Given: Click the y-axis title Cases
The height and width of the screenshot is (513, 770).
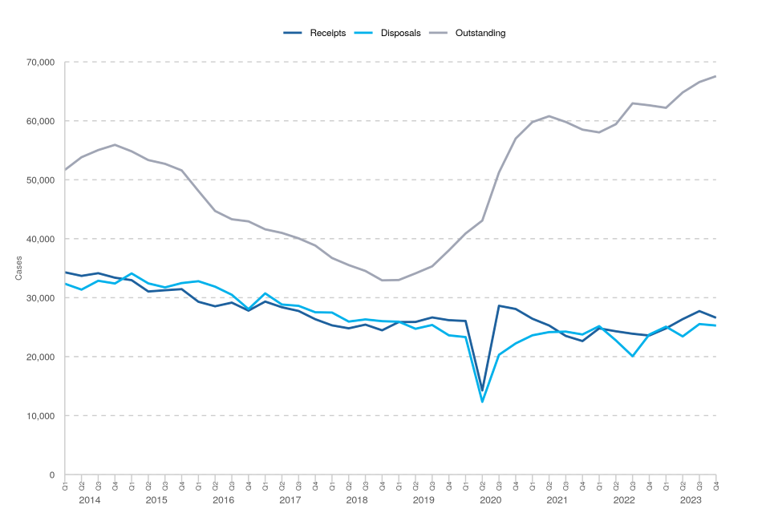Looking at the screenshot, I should [x=19, y=268].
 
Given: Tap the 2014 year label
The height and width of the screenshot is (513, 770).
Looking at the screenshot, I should [x=90, y=500].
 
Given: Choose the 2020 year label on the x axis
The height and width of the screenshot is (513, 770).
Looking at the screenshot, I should [x=490, y=500].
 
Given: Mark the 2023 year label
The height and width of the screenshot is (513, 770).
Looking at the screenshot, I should [x=691, y=500].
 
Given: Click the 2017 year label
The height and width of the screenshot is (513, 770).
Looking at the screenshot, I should [x=290, y=500].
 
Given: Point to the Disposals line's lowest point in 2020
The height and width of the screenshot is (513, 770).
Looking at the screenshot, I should [x=482, y=402].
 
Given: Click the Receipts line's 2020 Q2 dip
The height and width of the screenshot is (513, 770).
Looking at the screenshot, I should [x=482, y=390].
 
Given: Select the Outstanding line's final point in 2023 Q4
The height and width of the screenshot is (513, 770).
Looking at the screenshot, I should [x=715, y=76].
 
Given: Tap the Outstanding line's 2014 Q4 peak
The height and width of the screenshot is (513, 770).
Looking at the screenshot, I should [x=115, y=145].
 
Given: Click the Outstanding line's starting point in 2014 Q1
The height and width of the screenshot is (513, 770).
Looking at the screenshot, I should [x=65, y=169].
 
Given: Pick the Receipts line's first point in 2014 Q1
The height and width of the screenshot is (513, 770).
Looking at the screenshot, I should [x=65, y=273].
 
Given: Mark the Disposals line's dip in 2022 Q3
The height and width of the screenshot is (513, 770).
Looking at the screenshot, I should [x=633, y=356].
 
